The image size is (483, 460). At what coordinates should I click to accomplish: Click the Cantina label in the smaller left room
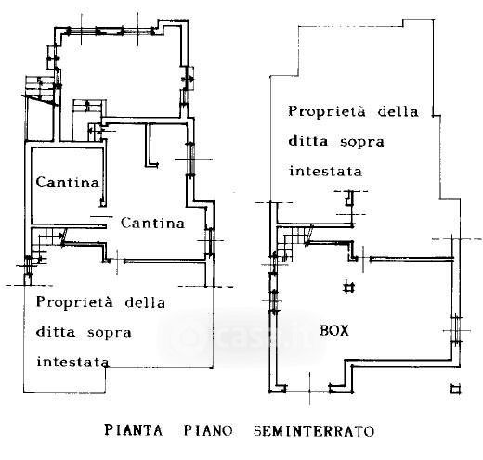click(68, 182)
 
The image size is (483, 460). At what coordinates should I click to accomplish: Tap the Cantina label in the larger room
click(152, 223)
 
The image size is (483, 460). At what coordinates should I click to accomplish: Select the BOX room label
click(334, 331)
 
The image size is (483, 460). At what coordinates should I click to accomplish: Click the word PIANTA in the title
click(134, 430)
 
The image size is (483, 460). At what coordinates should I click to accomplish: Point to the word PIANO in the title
click(208, 430)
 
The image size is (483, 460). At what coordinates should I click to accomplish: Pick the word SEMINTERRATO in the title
click(314, 431)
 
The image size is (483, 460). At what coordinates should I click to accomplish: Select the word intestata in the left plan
click(72, 362)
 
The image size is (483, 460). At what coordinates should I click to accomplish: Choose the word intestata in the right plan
click(325, 171)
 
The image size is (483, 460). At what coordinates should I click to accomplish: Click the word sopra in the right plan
click(362, 142)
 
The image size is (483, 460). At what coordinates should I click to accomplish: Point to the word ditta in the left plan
click(56, 332)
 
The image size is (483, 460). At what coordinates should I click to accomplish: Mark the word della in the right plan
click(398, 111)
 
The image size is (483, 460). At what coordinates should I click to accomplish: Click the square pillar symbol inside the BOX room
click(349, 287)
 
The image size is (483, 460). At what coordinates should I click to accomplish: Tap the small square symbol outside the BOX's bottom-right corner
click(455, 390)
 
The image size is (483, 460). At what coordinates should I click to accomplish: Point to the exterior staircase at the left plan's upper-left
click(40, 90)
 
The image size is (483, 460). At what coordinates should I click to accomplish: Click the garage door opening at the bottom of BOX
click(308, 390)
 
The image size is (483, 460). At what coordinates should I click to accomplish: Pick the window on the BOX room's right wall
click(456, 330)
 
